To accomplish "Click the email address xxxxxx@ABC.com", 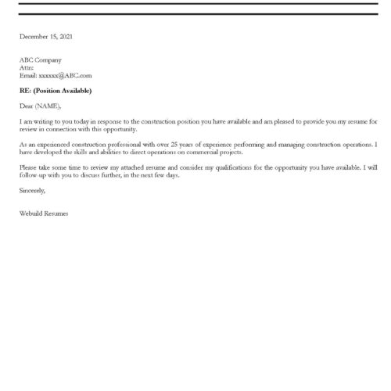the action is [65, 76].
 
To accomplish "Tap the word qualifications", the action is [236, 167].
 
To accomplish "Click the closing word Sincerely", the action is [33, 190].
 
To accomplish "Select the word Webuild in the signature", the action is [33, 213].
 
